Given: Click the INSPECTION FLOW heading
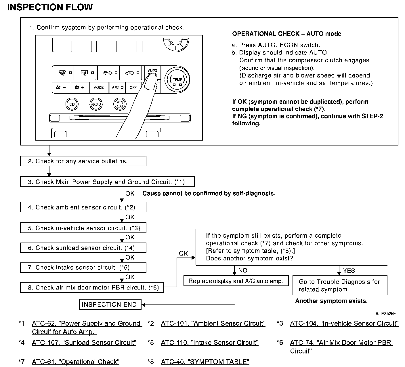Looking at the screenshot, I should (x=50, y=7).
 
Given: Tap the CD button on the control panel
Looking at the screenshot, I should (x=72, y=104).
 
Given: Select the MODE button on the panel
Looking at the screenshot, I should (x=98, y=88).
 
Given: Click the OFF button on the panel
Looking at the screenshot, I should (x=133, y=88).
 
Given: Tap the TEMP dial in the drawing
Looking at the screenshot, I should (x=177, y=80).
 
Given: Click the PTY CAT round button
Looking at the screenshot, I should (x=120, y=104).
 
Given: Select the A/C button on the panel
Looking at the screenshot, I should (x=117, y=88).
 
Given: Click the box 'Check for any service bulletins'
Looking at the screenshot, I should (x=83, y=161).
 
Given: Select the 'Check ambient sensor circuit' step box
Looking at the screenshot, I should (x=83, y=207).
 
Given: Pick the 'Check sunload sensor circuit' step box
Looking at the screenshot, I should (x=83, y=248).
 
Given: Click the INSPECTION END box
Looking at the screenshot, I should (x=110, y=304).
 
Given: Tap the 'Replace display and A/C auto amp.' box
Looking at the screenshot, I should (x=236, y=281).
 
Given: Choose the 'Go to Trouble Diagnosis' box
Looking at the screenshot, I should (x=339, y=285).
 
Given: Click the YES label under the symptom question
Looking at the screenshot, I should (x=349, y=271).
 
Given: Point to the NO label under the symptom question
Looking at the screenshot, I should (x=243, y=270).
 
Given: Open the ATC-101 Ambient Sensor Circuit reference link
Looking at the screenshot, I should (x=213, y=324).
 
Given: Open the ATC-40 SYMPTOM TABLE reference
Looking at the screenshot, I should (x=205, y=362).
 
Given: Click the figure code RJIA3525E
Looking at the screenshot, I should (x=385, y=314).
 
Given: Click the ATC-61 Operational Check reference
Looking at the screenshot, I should (x=75, y=362).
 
